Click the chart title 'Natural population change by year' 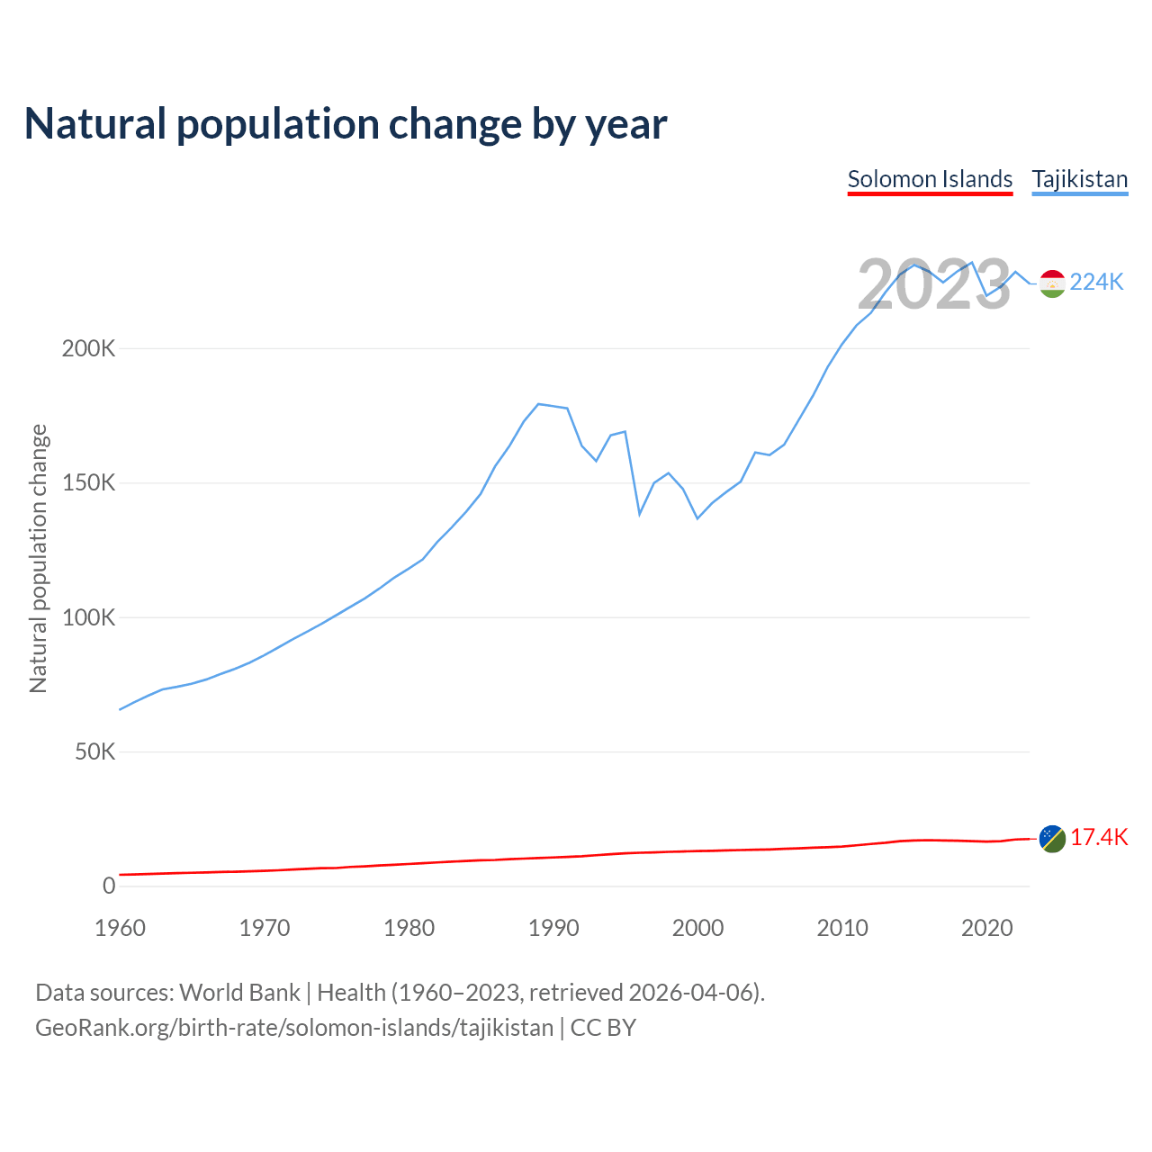[346, 124]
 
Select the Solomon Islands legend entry [930, 179]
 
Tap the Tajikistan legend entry [1079, 179]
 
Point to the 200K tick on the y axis [88, 348]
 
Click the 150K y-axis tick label [88, 483]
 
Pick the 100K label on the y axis [88, 617]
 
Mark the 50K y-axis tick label [94, 751]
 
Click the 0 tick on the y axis [109, 886]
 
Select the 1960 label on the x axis [120, 928]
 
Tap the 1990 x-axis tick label [553, 928]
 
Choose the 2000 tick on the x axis [697, 928]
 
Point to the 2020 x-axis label [986, 928]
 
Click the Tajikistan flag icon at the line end [1052, 283]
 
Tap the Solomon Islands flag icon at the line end [1052, 838]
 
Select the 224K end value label [1097, 283]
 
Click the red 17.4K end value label [1099, 838]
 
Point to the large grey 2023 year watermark [933, 284]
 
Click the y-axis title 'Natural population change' [39, 559]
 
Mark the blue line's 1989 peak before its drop [538, 404]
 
